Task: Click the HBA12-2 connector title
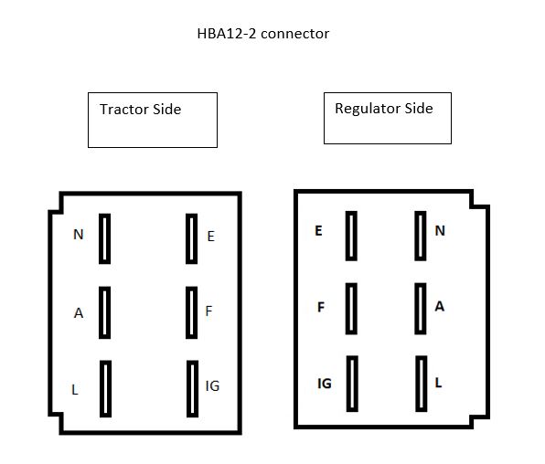pos(263,34)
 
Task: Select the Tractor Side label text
pos(141,110)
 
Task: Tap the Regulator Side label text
pos(384,109)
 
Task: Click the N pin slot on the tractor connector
pos(104,238)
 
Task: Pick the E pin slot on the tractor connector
pos(191,238)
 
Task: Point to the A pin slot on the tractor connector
pos(104,312)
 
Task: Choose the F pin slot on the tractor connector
pos(191,312)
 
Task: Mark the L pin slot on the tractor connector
pos(106,388)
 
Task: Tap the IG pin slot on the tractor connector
pos(193,388)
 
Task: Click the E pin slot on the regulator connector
pos(351,236)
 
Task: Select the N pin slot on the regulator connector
pos(421,236)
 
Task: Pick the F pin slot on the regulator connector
pos(351,309)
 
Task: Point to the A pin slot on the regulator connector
pos(421,309)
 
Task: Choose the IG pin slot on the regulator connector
pos(352,384)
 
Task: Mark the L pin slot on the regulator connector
pos(422,384)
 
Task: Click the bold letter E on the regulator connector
pos(318,231)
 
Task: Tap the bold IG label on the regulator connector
pos(325,384)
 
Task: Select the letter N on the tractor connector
pos(79,235)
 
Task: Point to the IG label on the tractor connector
pos(212,385)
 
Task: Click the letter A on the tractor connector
pos(79,313)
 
